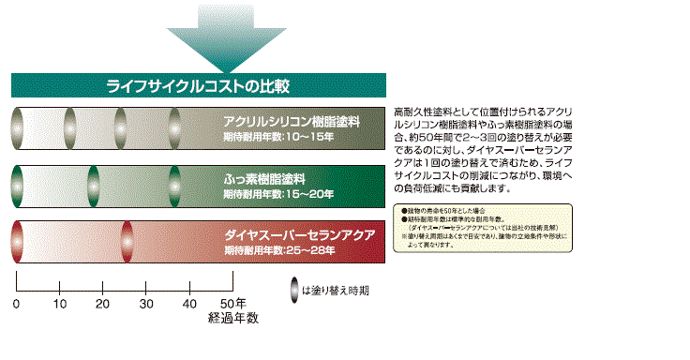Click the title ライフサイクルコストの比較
(x=198, y=86)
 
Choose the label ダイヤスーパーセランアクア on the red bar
(x=300, y=233)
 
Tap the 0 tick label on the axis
(x=16, y=305)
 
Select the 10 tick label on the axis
(x=60, y=305)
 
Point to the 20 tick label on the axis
(x=103, y=305)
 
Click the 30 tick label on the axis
(x=146, y=305)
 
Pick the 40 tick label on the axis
(x=189, y=305)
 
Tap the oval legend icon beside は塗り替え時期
(x=293, y=290)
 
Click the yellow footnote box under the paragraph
(x=479, y=224)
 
